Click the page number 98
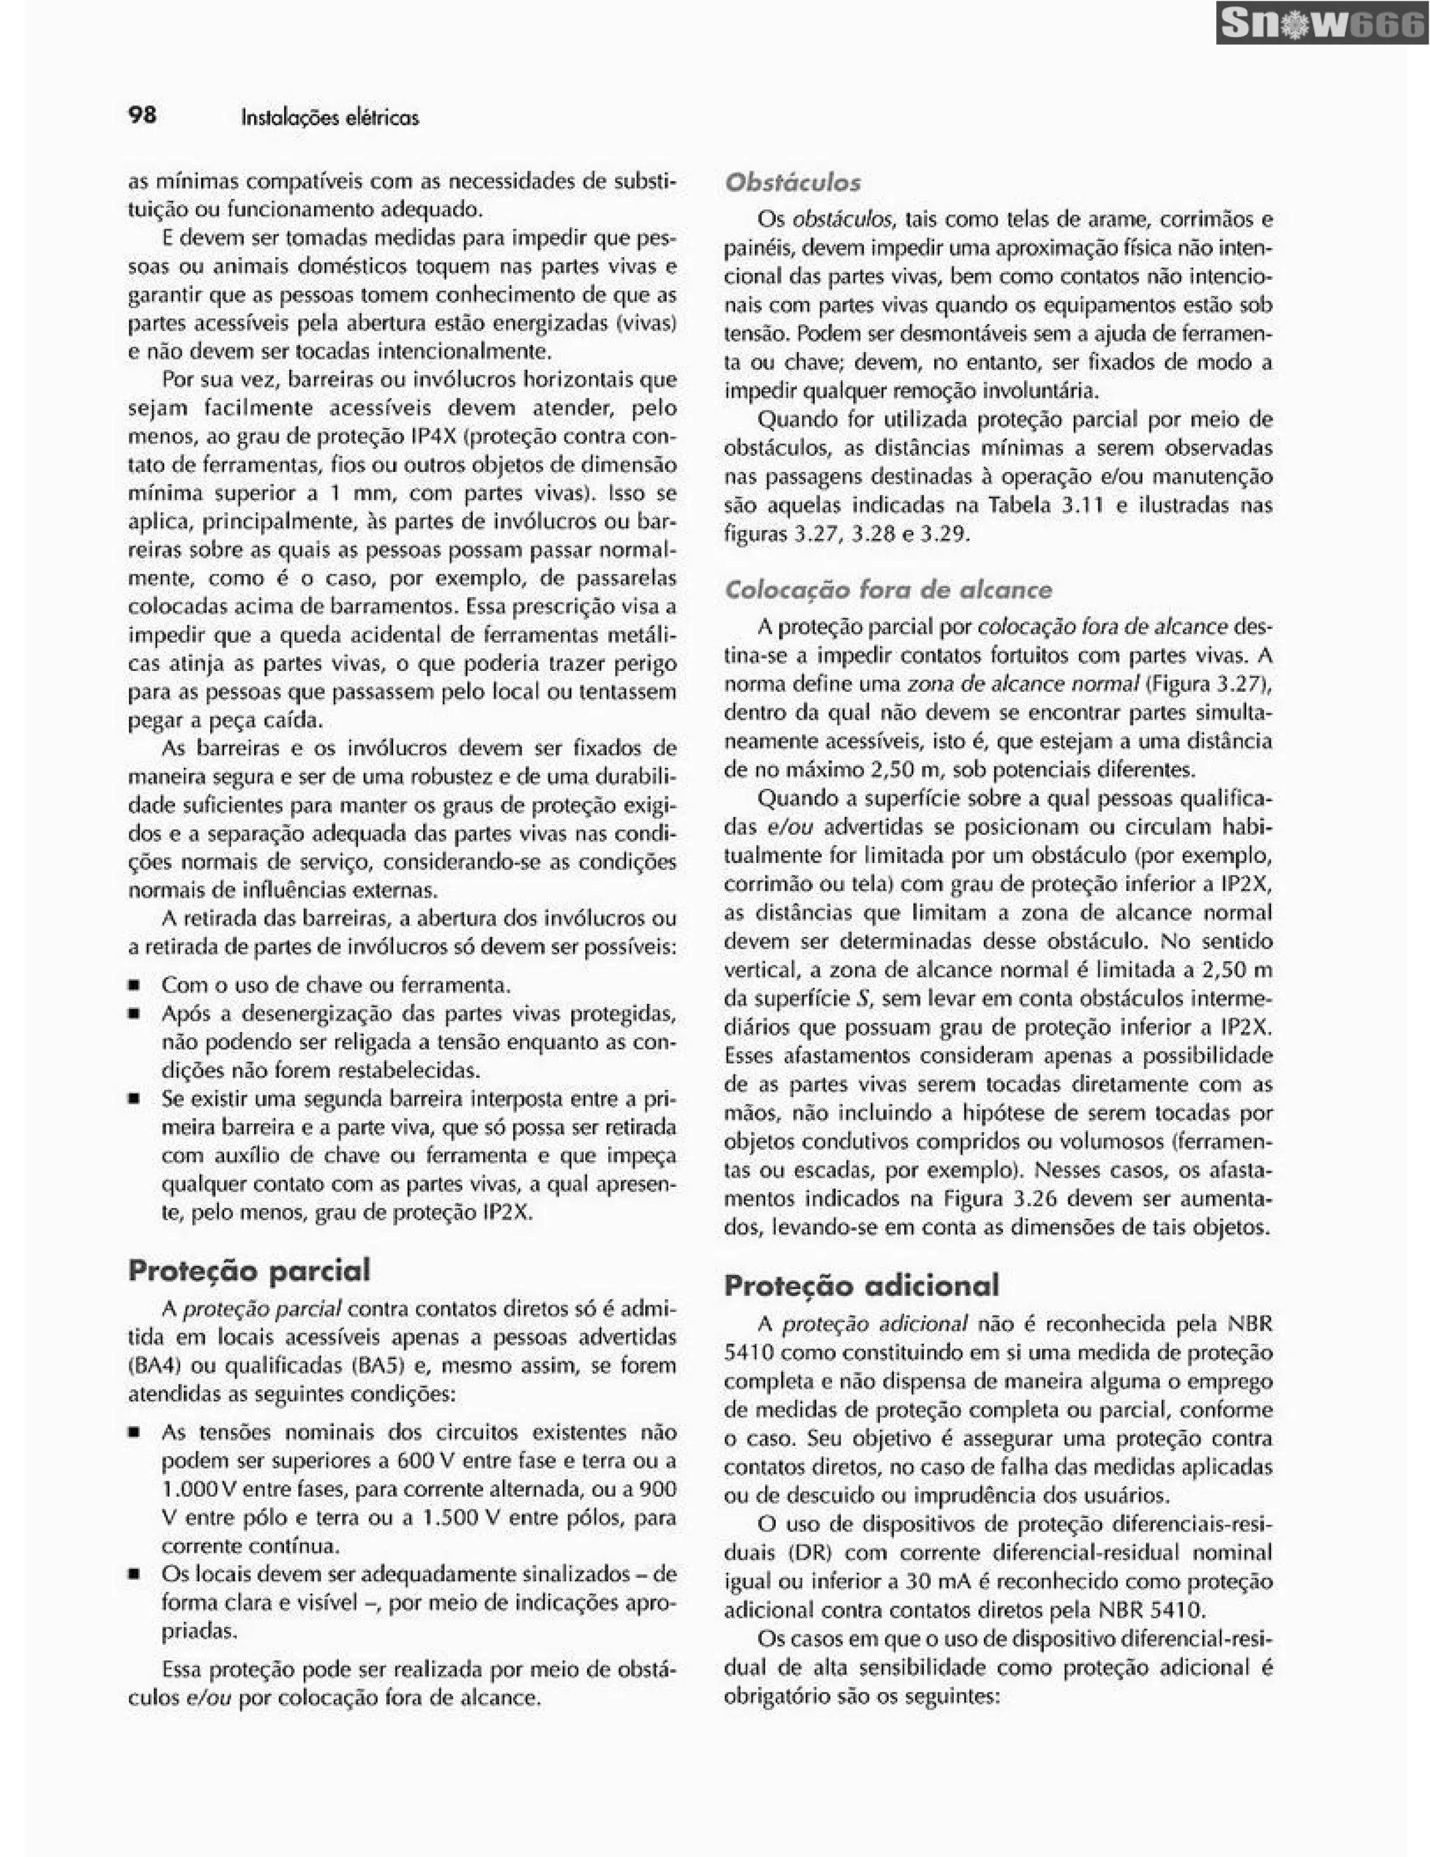[142, 114]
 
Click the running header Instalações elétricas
[330, 117]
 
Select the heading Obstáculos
[792, 182]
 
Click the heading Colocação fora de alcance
[887, 589]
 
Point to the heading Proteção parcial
[249, 1271]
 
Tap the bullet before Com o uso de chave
[134, 986]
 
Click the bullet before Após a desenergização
[134, 1014]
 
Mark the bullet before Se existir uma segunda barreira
[134, 1099]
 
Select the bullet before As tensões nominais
[134, 1433]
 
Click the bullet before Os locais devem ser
[134, 1575]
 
